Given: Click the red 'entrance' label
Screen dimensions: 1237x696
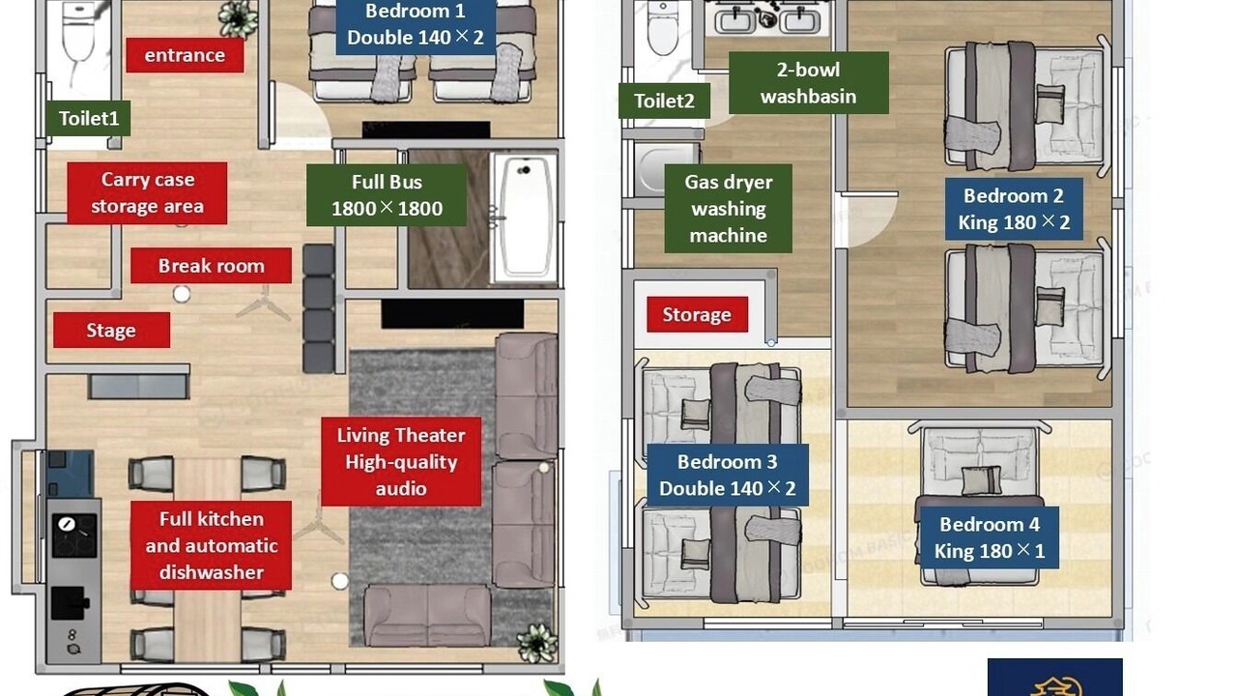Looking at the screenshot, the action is pyautogui.click(x=185, y=55).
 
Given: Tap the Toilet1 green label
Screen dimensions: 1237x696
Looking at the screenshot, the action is pyautogui.click(x=88, y=118).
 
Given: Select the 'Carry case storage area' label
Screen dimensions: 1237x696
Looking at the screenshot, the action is pyautogui.click(x=147, y=192).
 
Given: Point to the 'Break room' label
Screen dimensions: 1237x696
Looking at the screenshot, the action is pyautogui.click(x=211, y=266).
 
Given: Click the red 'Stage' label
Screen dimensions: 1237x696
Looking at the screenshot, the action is pyautogui.click(x=111, y=331).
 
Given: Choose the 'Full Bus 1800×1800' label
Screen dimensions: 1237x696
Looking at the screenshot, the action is pyautogui.click(x=387, y=195).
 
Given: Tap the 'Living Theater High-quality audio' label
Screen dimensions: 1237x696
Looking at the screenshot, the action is pyautogui.click(x=401, y=462).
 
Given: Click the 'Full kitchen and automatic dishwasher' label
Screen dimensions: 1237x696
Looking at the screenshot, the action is pyautogui.click(x=211, y=545).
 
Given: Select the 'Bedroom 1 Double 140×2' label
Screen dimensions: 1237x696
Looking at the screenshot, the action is pyautogui.click(x=416, y=25).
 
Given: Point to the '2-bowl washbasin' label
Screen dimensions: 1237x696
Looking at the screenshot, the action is pyautogui.click(x=809, y=83).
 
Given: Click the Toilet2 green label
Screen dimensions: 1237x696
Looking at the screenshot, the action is pyautogui.click(x=664, y=101).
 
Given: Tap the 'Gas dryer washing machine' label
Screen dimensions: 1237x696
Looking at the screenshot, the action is pyautogui.click(x=729, y=209).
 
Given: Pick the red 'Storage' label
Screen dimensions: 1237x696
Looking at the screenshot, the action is pyautogui.click(x=697, y=314).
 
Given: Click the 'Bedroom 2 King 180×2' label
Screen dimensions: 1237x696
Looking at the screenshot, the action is pyautogui.click(x=1014, y=209).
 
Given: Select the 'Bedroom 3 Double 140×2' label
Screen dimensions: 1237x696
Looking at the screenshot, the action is pyautogui.click(x=728, y=475).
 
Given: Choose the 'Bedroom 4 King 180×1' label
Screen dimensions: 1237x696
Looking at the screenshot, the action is pyautogui.click(x=989, y=537).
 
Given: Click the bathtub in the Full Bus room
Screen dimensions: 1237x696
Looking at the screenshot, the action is pyautogui.click(x=524, y=217).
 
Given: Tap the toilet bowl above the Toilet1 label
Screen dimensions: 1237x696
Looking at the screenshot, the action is pyautogui.click(x=78, y=32).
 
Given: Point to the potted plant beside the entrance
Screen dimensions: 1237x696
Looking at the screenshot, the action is pyautogui.click(x=238, y=18).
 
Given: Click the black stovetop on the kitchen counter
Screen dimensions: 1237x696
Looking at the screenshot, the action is pyautogui.click(x=74, y=536).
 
